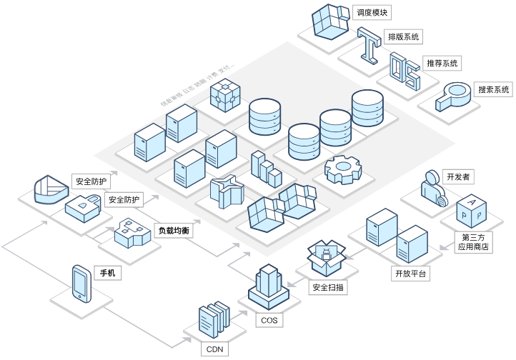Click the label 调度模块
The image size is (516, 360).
374,13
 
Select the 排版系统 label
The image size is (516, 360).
403,36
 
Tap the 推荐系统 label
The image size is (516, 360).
442,64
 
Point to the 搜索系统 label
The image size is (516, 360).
494,90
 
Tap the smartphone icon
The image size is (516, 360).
81,283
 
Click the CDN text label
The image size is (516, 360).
215,349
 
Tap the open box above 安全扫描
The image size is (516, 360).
326,256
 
